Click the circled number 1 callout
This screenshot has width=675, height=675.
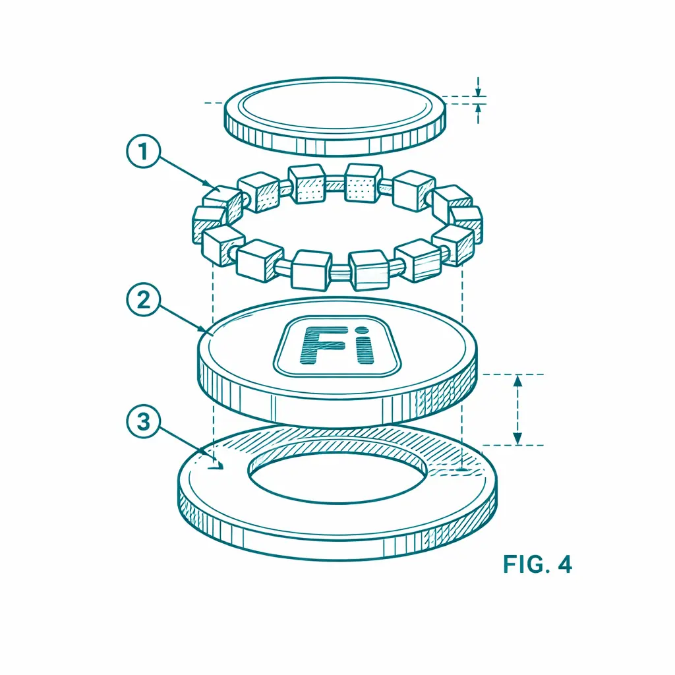pyautogui.click(x=143, y=151)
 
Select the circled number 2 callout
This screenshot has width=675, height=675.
pyautogui.click(x=143, y=299)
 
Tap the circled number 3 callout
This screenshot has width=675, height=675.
pyautogui.click(x=143, y=421)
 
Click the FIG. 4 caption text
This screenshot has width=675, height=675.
pyautogui.click(x=537, y=564)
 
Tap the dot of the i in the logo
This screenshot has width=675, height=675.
pyautogui.click(x=363, y=330)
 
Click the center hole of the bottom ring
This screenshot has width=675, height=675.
pyautogui.click(x=337, y=478)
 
